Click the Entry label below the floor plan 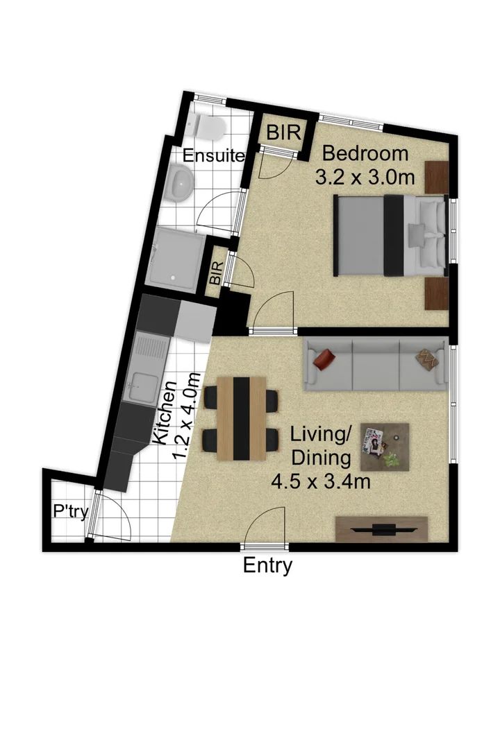[267, 565]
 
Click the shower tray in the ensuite [178, 256]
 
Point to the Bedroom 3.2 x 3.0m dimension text [365, 165]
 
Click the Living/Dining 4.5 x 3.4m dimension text [330, 458]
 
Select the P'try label [70, 512]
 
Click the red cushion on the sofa [324, 359]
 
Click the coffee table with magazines [384, 448]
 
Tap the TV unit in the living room [381, 529]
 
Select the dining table [241, 419]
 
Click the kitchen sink [144, 384]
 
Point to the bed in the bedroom [389, 235]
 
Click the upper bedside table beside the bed [437, 177]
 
